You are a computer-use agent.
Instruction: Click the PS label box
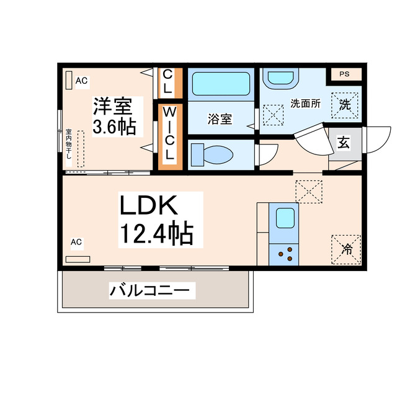pos(344,74)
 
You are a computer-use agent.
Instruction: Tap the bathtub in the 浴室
pos(220,83)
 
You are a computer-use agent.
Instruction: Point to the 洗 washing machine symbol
pos(345,104)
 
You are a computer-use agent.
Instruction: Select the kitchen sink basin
pos(285,218)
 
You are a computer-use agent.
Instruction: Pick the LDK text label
pos(149,205)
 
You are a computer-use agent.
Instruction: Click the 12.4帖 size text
pos(156,234)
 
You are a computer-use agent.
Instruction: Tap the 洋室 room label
pos(113,106)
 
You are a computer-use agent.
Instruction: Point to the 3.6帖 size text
pos(114,127)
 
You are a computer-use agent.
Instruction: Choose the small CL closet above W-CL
pos(169,82)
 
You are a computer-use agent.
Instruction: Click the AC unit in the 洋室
pos(68,80)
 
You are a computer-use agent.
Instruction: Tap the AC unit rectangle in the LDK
pos(78,259)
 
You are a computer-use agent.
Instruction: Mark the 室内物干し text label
pos(68,145)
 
